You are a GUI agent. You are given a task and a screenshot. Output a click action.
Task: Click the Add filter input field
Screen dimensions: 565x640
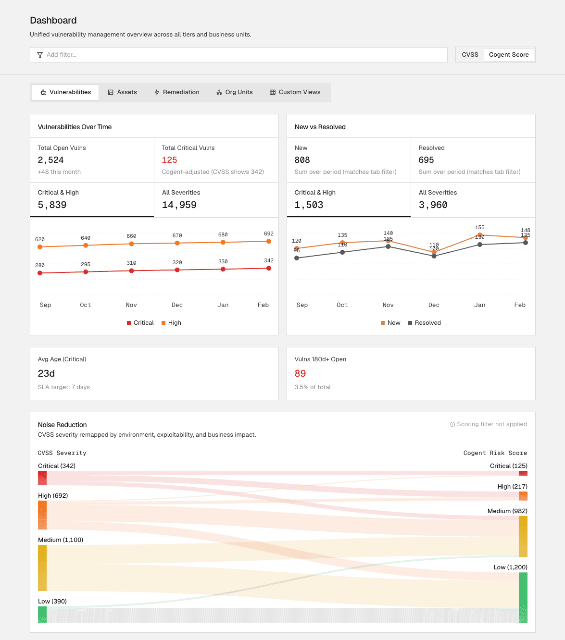point(239,55)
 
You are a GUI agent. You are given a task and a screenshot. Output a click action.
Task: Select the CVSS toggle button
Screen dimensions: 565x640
point(470,55)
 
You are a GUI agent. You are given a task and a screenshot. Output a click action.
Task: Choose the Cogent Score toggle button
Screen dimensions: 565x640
point(509,55)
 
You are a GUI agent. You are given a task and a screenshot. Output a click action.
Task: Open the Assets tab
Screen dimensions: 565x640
point(122,92)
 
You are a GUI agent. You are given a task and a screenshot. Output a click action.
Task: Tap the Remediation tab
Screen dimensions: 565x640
point(177,92)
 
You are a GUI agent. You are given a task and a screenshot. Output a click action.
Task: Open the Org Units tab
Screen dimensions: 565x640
point(235,92)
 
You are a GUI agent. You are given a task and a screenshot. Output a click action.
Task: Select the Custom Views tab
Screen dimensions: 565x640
point(295,92)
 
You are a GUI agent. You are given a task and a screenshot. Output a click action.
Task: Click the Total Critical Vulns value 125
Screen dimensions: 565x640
point(169,160)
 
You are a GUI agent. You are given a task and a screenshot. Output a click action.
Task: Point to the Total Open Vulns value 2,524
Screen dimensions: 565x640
point(50,160)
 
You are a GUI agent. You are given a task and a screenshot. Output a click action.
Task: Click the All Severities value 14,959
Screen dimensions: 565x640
point(179,205)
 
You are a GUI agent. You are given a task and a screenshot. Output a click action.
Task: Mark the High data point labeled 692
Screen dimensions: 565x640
point(269,241)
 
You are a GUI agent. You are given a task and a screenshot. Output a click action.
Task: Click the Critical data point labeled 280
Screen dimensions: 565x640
point(40,273)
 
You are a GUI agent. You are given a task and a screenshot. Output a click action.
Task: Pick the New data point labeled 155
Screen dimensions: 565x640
point(479,235)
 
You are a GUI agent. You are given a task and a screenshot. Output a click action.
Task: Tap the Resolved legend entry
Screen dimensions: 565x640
point(425,322)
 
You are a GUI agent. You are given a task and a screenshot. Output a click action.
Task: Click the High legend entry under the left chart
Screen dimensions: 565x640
point(171,322)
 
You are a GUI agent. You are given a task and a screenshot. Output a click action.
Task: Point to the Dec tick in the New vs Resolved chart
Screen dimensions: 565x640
point(434,305)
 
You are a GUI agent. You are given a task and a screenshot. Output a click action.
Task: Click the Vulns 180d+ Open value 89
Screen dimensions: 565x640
point(300,373)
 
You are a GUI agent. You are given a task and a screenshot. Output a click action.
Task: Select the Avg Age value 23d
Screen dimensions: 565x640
point(46,373)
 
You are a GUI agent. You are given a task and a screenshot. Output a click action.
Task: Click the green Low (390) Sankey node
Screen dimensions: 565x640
point(42,615)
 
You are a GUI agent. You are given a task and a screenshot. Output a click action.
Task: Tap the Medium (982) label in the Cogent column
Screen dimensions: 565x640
point(507,511)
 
